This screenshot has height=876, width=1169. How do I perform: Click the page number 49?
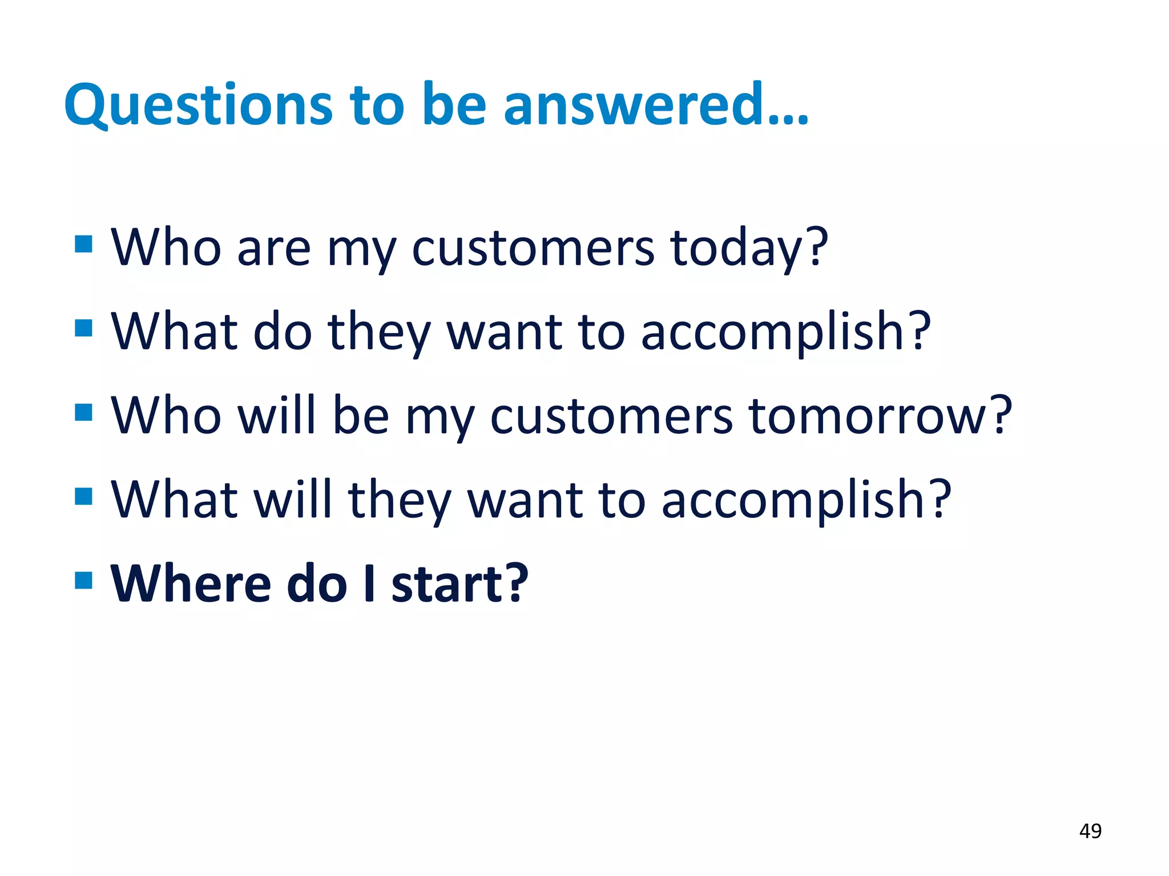(1090, 831)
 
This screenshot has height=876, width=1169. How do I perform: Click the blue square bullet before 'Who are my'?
(83, 244)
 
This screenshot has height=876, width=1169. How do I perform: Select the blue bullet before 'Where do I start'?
(83, 580)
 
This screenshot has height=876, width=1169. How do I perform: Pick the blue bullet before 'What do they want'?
(83, 328)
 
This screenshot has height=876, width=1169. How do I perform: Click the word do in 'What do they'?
(283, 332)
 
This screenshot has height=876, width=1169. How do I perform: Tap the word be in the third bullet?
(361, 416)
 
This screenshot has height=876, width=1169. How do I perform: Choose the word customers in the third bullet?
(611, 417)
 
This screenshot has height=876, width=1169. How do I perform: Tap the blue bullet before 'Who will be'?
(83, 412)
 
